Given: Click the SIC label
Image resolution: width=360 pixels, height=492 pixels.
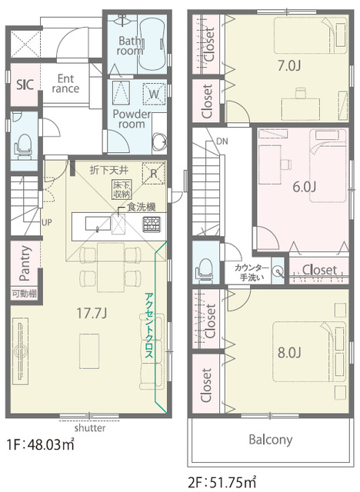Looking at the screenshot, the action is click(x=25, y=85).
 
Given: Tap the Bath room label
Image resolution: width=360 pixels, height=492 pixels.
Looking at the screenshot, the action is click(x=130, y=45).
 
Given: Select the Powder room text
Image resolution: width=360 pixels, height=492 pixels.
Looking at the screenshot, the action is click(x=132, y=118).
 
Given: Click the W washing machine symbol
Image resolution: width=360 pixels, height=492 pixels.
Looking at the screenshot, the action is click(x=154, y=94).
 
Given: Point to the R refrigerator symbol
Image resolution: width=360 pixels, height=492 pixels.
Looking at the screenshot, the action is click(x=154, y=173).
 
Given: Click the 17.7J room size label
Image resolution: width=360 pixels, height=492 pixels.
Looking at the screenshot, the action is click(x=92, y=313).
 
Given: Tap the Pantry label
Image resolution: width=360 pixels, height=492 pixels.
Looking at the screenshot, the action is click(x=25, y=263).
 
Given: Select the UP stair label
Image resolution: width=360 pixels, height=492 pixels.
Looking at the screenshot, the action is click(x=47, y=222).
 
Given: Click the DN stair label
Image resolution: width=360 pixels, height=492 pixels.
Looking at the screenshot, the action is click(x=222, y=141).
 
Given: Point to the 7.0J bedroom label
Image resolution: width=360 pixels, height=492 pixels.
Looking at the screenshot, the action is click(x=289, y=66).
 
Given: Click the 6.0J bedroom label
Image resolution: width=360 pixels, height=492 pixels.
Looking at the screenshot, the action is click(x=304, y=187).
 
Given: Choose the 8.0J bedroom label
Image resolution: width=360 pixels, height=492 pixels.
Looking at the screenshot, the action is click(x=289, y=353).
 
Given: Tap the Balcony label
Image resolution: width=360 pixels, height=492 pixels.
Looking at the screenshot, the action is click(x=271, y=440).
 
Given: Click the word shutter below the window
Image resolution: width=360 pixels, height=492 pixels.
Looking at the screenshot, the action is click(x=90, y=427).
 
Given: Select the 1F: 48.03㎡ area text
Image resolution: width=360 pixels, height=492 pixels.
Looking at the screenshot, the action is click(x=41, y=444).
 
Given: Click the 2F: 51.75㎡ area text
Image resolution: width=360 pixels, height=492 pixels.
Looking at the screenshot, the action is click(x=222, y=481).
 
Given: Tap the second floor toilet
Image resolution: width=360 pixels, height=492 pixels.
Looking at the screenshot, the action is click(x=205, y=271).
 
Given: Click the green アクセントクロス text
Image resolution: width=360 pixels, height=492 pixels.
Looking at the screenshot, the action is click(x=148, y=325).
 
